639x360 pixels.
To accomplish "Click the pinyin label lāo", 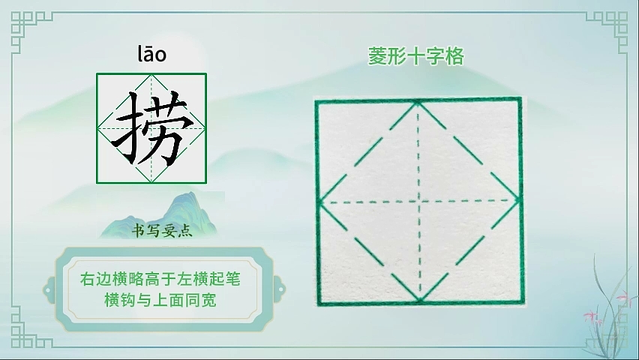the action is point(152,55).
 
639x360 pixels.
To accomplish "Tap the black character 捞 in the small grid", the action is point(151,128).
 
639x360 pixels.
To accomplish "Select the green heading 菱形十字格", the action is point(416,56).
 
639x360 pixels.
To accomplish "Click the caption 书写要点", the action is point(162,231).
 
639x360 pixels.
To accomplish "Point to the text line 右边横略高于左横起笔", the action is point(160,279).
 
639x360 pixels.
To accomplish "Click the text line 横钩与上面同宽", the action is point(160,301).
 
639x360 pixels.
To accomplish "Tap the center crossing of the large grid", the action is point(419,201).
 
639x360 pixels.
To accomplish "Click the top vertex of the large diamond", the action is point(418,102).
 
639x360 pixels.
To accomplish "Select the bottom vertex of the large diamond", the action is point(420,301).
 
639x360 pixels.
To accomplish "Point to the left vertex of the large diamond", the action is point(320,202).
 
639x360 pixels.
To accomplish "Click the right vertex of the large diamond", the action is point(519,200).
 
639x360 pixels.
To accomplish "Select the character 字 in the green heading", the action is point(435,56).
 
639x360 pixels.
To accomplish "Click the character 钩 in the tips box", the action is point(128,301).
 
